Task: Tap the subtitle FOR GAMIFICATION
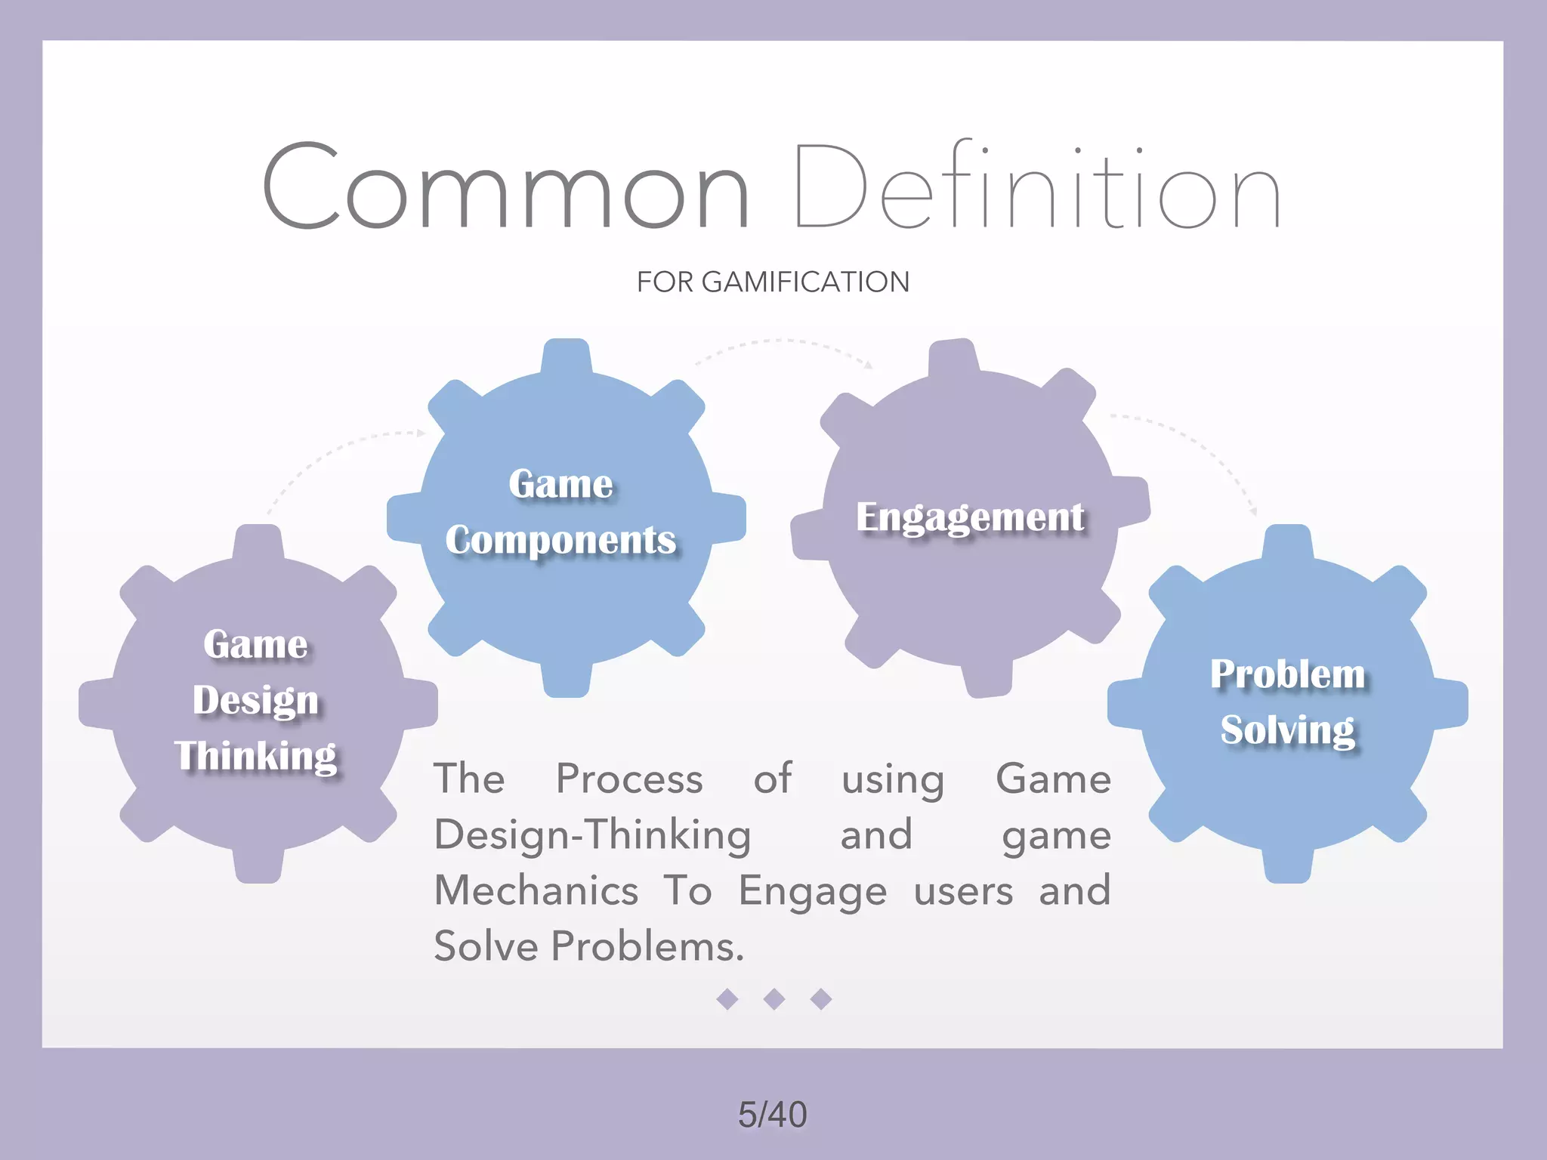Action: tap(773, 282)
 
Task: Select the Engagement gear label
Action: tap(970, 518)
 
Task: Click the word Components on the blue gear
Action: tap(560, 541)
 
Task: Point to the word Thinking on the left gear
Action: tap(256, 756)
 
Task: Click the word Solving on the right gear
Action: tap(1288, 730)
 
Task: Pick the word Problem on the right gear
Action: tap(1288, 674)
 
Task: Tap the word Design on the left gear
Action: tap(256, 700)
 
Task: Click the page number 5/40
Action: tap(772, 1115)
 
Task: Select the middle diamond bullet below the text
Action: tap(774, 999)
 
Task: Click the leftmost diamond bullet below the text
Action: tap(727, 999)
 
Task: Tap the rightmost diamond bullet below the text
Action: tap(821, 999)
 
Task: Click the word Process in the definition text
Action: tap(629, 779)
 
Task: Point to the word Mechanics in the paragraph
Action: tap(536, 890)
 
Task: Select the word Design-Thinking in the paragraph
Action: tap(593, 835)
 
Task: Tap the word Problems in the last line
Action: tap(647, 946)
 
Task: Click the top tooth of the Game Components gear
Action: tap(567, 355)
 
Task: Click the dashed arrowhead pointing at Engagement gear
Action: tap(869, 365)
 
